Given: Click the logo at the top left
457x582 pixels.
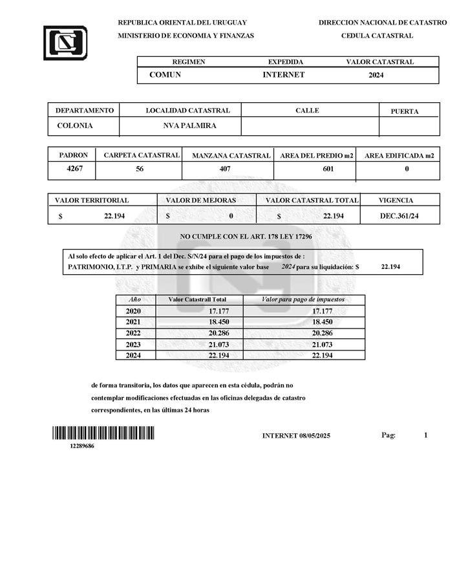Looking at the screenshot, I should [x=65, y=42].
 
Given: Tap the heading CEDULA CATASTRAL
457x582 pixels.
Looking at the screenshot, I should [x=377, y=36].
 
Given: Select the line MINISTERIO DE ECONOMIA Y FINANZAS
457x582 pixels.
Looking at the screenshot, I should [x=186, y=36].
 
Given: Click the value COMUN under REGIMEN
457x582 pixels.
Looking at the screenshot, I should [x=165, y=75].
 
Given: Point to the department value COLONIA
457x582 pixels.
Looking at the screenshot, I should [x=75, y=125].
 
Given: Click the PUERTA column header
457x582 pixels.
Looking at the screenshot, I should [x=405, y=111].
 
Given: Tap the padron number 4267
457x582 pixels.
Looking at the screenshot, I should [x=76, y=169].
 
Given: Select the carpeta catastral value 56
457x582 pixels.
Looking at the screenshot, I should [x=140, y=169].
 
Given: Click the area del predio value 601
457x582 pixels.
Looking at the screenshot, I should [x=328, y=169].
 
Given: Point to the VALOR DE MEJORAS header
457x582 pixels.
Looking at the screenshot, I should [x=200, y=200].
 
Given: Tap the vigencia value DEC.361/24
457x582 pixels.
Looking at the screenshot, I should [x=399, y=216].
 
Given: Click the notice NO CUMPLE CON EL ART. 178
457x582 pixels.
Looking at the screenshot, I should [x=246, y=237].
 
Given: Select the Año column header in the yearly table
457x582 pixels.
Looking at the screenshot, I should [x=134, y=300].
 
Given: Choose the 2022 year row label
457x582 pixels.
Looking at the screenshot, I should [x=133, y=333].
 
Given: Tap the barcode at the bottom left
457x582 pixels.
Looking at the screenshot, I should [x=103, y=433].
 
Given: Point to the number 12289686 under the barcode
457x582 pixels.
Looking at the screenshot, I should [x=82, y=446].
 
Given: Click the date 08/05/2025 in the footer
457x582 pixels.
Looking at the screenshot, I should [x=315, y=436].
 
